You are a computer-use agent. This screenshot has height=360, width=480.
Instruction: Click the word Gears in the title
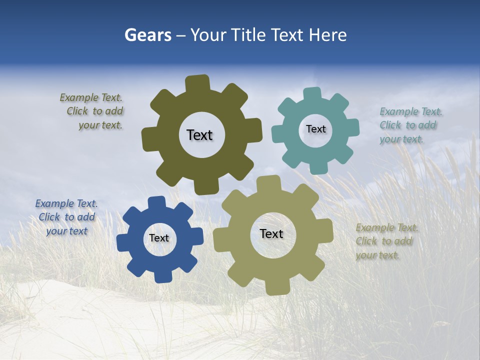pyautogui.click(x=147, y=35)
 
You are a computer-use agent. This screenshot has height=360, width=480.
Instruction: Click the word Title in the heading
pyautogui.click(x=249, y=35)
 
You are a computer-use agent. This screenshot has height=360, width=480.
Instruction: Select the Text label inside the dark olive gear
pyautogui.click(x=199, y=135)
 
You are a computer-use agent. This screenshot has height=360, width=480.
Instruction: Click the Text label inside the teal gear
pyautogui.click(x=315, y=129)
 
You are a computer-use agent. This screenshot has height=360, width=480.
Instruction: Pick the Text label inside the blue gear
pyautogui.click(x=159, y=238)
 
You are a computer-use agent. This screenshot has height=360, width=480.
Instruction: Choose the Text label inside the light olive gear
pyautogui.click(x=271, y=233)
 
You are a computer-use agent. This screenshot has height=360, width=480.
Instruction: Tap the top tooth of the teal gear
pyautogui.click(x=312, y=93)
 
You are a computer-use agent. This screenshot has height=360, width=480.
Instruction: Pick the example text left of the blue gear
pyautogui.click(x=66, y=217)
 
